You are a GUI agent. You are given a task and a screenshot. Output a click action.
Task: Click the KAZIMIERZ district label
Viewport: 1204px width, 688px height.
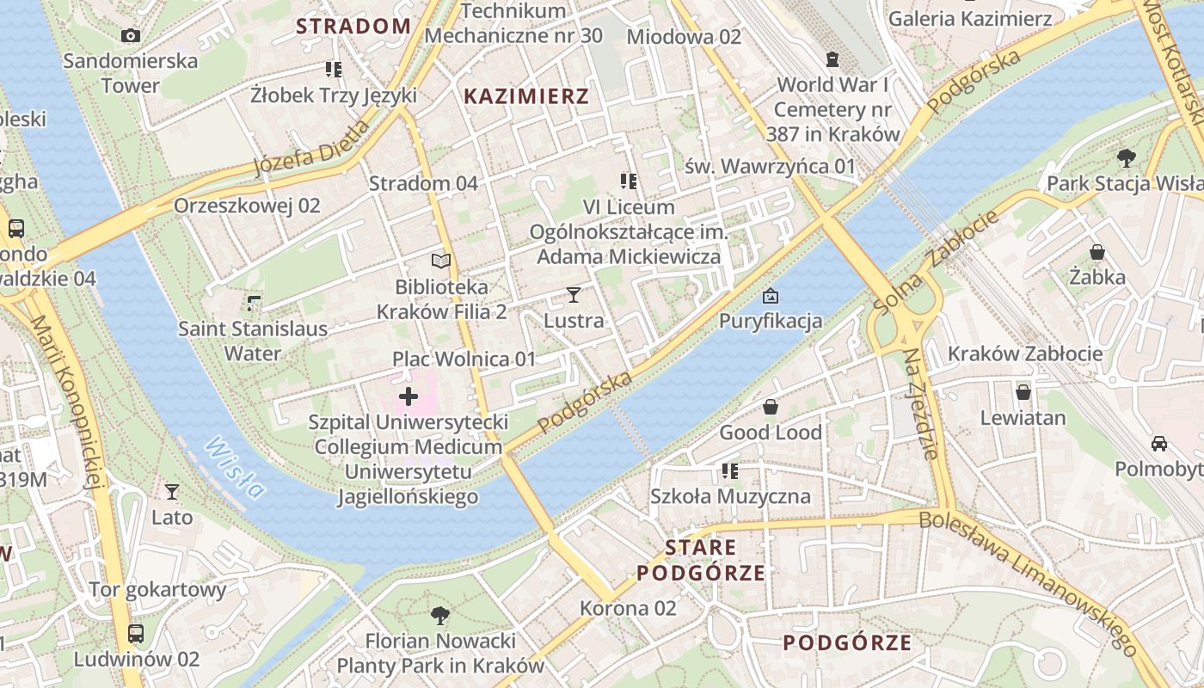pyautogui.click(x=526, y=96)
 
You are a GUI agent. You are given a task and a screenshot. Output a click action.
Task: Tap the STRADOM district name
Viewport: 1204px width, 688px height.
pyautogui.click(x=353, y=26)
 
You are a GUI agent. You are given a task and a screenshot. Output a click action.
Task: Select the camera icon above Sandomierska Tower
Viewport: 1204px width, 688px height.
pyautogui.click(x=131, y=35)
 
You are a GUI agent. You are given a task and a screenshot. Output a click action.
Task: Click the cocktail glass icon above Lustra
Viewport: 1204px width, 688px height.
pyautogui.click(x=574, y=295)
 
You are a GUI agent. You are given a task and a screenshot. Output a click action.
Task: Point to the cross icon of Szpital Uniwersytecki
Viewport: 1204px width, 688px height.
pyautogui.click(x=408, y=396)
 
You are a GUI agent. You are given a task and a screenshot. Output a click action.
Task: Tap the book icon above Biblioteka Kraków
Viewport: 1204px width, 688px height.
pyautogui.click(x=441, y=261)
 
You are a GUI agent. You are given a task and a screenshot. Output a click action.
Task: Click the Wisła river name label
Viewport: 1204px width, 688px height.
pyautogui.click(x=234, y=468)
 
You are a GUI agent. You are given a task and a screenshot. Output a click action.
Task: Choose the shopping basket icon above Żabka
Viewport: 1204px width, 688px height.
pyautogui.click(x=1097, y=252)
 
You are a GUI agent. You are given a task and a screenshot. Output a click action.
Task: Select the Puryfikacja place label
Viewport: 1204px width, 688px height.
pyautogui.click(x=771, y=322)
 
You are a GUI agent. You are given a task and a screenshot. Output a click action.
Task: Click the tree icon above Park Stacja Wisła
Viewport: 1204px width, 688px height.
pyautogui.click(x=1126, y=158)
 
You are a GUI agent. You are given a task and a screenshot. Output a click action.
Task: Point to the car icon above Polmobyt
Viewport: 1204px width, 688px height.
pyautogui.click(x=1159, y=444)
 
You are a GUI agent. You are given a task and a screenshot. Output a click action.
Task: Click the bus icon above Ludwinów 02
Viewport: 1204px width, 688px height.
pyautogui.click(x=136, y=634)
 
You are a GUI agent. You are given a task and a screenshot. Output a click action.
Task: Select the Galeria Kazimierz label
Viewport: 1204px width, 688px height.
pyautogui.click(x=969, y=18)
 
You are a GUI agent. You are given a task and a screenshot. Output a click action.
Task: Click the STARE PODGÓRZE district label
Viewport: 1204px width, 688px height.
pyautogui.click(x=701, y=560)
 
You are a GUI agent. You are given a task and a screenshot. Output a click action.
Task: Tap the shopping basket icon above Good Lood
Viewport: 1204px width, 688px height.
pyautogui.click(x=771, y=407)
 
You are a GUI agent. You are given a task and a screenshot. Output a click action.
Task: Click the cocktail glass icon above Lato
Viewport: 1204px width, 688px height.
pyautogui.click(x=172, y=492)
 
